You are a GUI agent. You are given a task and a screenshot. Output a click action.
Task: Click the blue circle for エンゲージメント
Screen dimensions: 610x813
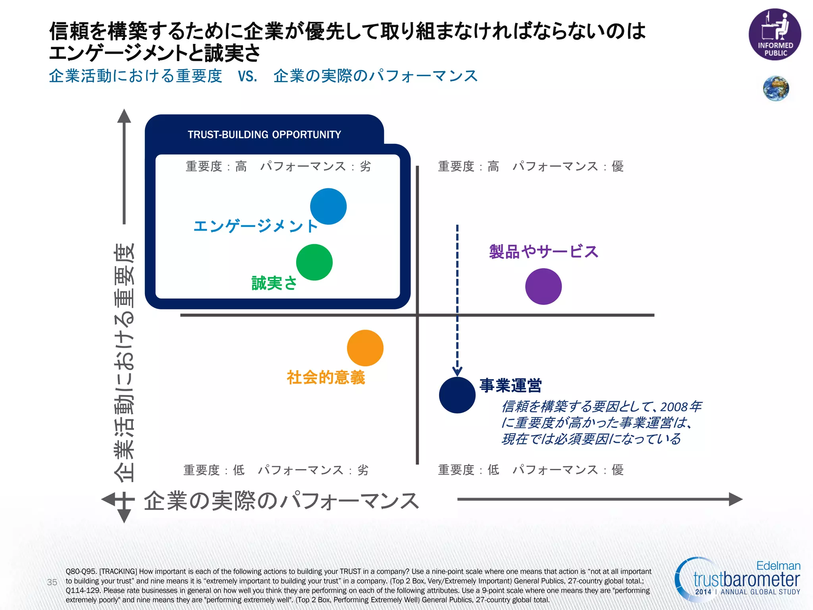pos(328,207)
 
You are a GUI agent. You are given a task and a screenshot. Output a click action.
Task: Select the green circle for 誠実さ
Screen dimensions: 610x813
pos(314,263)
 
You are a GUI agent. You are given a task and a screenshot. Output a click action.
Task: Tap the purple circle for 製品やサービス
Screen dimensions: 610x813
pos(543,286)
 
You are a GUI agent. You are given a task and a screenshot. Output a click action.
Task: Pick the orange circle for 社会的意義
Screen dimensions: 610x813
pos(365,348)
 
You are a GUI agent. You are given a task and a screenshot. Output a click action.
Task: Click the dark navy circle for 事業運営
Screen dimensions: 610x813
pos(457,395)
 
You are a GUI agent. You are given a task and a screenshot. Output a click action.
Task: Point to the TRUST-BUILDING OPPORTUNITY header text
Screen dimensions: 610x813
pos(264,135)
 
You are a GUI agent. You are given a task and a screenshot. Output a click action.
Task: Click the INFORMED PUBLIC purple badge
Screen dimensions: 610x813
pos(774,35)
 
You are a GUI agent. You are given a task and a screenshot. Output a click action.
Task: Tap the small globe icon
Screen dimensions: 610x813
pos(776,88)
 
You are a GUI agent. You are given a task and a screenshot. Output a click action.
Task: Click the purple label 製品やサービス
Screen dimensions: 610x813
pos(543,252)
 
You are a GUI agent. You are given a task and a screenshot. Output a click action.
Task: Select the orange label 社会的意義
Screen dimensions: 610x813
pos(326,377)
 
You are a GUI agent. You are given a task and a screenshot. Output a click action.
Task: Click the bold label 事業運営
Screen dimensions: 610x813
pos(510,385)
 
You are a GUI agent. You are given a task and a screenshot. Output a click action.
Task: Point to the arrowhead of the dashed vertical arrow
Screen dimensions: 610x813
pos(457,372)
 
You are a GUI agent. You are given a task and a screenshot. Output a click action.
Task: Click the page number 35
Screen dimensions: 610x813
pos(52,582)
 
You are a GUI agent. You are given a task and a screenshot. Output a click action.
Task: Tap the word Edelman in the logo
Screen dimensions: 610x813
pos(778,566)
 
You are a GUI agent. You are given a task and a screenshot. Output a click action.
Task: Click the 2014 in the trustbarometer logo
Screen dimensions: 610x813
pos(703,592)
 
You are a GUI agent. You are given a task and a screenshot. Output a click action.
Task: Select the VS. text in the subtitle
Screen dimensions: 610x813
pos(248,76)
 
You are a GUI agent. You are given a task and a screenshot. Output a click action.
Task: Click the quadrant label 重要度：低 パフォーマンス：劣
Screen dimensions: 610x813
pos(276,470)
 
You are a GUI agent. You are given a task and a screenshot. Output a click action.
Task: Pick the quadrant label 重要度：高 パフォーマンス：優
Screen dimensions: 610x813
pos(531,166)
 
